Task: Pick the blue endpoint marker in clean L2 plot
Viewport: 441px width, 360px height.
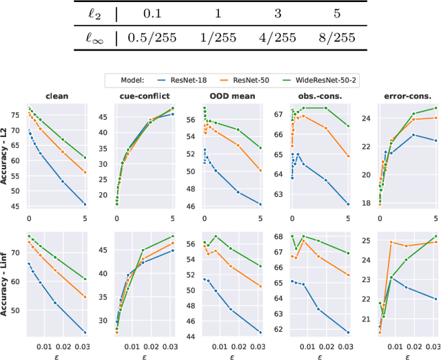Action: (x=85, y=204)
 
